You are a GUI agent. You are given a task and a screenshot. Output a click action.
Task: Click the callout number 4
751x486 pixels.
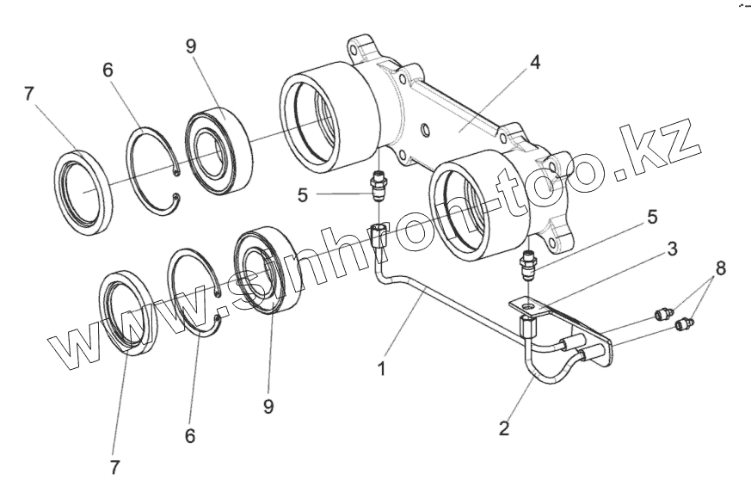click(x=534, y=62)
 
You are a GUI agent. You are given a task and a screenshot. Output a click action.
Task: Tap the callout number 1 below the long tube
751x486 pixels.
click(x=381, y=369)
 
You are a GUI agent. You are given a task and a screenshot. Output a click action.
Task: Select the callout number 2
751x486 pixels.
click(x=504, y=428)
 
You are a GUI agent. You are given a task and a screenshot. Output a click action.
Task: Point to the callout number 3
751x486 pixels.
click(x=672, y=249)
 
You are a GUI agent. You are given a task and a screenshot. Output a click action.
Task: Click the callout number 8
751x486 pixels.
click(x=720, y=268)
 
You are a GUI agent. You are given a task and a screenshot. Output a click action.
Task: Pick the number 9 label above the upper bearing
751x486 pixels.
click(x=191, y=46)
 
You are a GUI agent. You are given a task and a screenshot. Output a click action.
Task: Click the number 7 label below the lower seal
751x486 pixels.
click(x=114, y=467)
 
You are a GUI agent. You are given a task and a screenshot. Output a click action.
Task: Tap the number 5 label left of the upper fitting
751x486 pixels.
click(x=302, y=195)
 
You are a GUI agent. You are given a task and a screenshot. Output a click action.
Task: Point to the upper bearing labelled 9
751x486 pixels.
click(x=219, y=151)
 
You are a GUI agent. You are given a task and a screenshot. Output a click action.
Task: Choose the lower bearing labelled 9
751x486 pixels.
click(x=268, y=272)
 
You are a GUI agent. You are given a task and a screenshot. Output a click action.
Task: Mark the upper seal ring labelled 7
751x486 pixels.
click(x=83, y=193)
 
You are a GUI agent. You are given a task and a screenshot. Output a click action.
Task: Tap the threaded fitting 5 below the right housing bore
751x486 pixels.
click(x=529, y=266)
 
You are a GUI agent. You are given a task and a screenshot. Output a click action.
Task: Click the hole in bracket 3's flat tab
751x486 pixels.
click(x=529, y=305)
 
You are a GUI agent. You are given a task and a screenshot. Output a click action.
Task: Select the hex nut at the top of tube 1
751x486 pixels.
click(x=379, y=236)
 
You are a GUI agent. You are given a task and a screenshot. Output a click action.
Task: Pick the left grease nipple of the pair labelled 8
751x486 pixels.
click(x=663, y=314)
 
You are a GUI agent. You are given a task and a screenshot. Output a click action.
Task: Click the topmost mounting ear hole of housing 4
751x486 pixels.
click(x=354, y=50)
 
